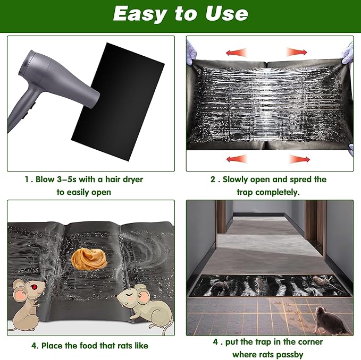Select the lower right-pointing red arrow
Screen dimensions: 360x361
299,158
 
